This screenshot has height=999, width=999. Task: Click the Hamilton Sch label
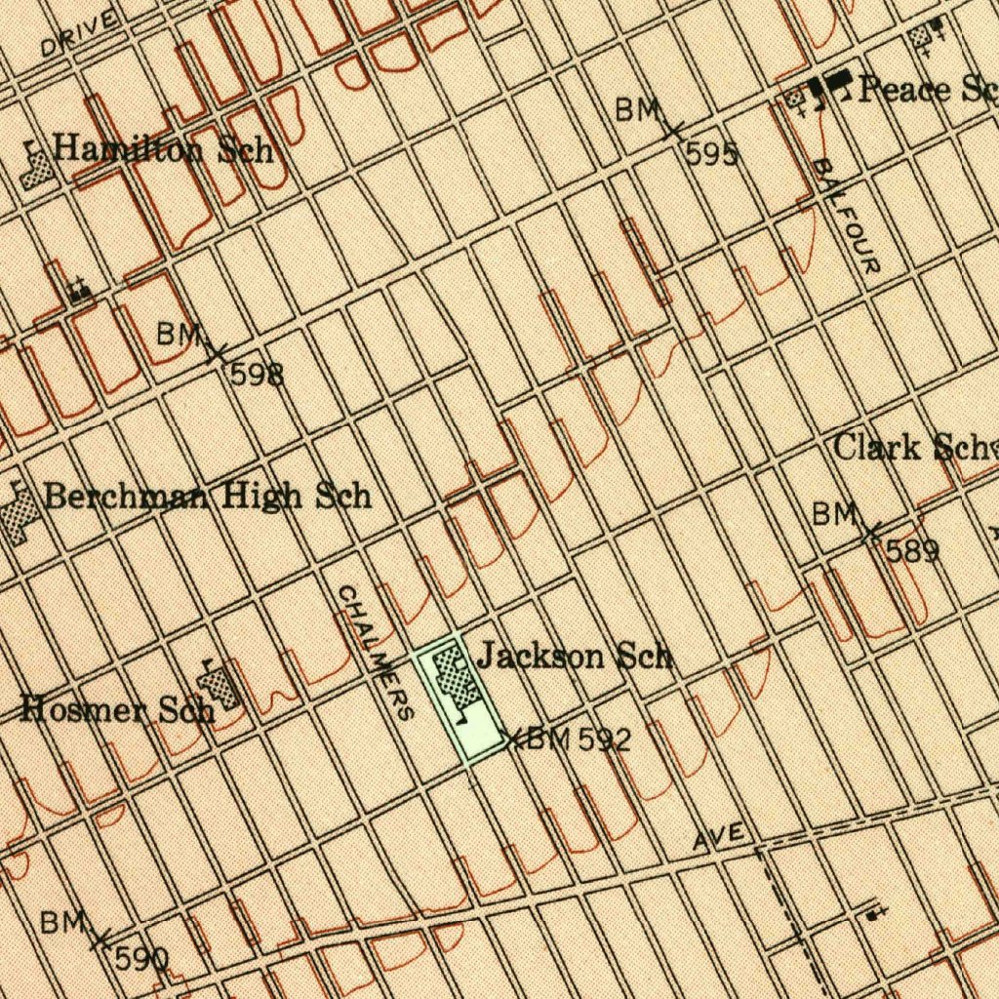[x=162, y=149]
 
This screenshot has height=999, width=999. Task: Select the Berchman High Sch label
[x=208, y=496]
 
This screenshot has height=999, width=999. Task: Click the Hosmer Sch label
[x=117, y=708]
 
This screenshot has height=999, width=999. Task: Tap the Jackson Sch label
[x=576, y=656]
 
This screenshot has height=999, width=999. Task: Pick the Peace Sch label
[x=927, y=90]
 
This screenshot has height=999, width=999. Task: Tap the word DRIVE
[x=79, y=32]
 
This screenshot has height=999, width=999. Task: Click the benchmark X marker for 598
[x=218, y=352]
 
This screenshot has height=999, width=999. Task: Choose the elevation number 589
[x=912, y=551]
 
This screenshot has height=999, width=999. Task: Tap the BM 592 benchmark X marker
[x=514, y=737]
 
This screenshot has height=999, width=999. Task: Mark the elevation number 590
[x=141, y=959]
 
